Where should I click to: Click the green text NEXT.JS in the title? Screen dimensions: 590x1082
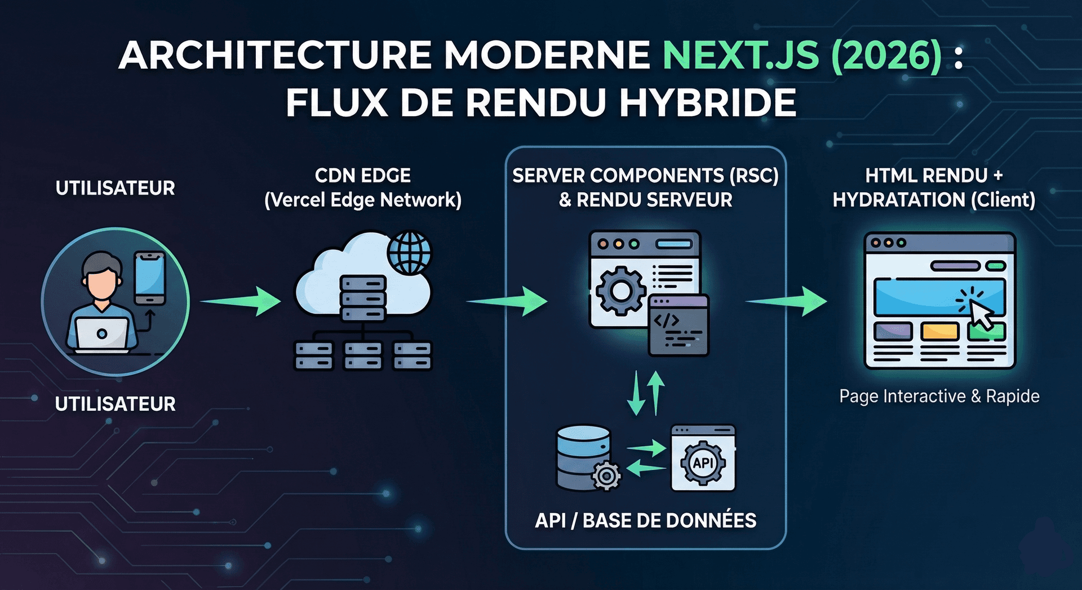[740, 55]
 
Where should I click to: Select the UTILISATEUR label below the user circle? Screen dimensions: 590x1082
[116, 404]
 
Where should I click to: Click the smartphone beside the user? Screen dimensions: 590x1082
[149, 278]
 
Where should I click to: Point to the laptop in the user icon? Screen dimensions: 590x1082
[102, 334]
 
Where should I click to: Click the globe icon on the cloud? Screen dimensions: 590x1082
[410, 252]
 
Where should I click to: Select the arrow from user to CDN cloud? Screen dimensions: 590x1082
[241, 301]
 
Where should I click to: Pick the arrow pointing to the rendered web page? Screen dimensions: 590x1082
[787, 301]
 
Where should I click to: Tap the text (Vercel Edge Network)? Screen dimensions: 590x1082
[363, 200]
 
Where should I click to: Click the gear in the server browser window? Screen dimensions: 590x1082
[620, 290]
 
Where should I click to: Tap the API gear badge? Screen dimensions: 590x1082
[703, 463]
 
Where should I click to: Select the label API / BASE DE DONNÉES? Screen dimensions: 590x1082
[645, 520]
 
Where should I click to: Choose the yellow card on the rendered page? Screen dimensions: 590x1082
[939, 331]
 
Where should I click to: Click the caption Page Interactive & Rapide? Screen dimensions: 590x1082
[939, 396]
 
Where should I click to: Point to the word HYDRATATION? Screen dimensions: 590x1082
[899, 200]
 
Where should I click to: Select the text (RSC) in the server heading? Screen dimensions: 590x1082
[753, 176]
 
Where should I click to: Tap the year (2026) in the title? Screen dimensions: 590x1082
[886, 55]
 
